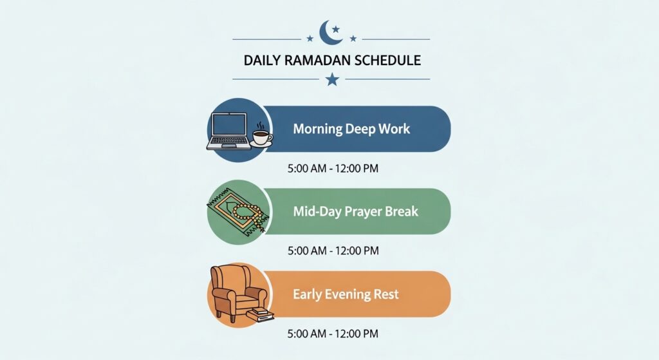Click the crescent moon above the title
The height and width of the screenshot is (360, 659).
pyautogui.click(x=331, y=32)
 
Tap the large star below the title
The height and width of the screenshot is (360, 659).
pyautogui.click(x=331, y=79)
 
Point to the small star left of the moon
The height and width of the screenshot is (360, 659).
pyautogui.click(x=310, y=39)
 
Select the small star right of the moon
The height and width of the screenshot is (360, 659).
pyautogui.click(x=353, y=39)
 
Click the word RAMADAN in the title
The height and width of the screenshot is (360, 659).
pyautogui.click(x=312, y=61)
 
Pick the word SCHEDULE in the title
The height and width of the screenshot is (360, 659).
pyautogui.click(x=387, y=61)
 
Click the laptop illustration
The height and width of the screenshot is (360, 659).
pyautogui.click(x=228, y=130)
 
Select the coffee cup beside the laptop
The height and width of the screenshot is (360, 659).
pyautogui.click(x=261, y=137)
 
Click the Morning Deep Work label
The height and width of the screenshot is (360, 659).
pyautogui.click(x=351, y=129)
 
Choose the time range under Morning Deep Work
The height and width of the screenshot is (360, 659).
pyautogui.click(x=333, y=169)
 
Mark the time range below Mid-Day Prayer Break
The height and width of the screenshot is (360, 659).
pyautogui.click(x=333, y=251)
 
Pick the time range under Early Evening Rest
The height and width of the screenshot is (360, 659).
pyautogui.click(x=333, y=334)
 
